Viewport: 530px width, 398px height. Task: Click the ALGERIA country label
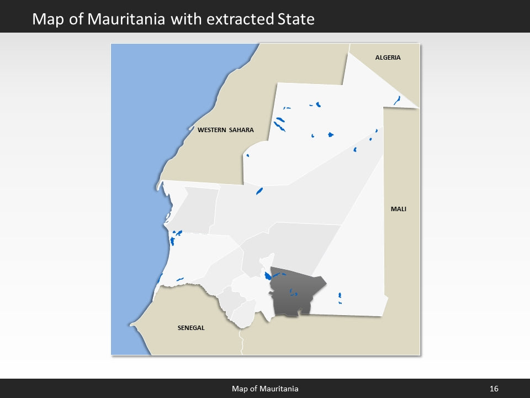tap(388, 57)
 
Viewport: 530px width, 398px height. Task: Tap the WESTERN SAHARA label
tap(225, 130)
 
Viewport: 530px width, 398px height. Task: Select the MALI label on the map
tap(398, 209)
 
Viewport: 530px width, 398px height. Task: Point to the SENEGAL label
tap(191, 328)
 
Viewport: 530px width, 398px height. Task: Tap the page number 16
tap(494, 389)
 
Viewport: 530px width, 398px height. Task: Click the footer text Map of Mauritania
tap(265, 389)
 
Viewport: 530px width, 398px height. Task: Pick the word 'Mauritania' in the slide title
tap(132, 19)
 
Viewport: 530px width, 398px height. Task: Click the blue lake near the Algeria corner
tap(396, 100)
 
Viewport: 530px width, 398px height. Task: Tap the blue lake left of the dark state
tap(267, 276)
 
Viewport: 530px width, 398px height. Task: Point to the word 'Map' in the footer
tap(239, 389)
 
